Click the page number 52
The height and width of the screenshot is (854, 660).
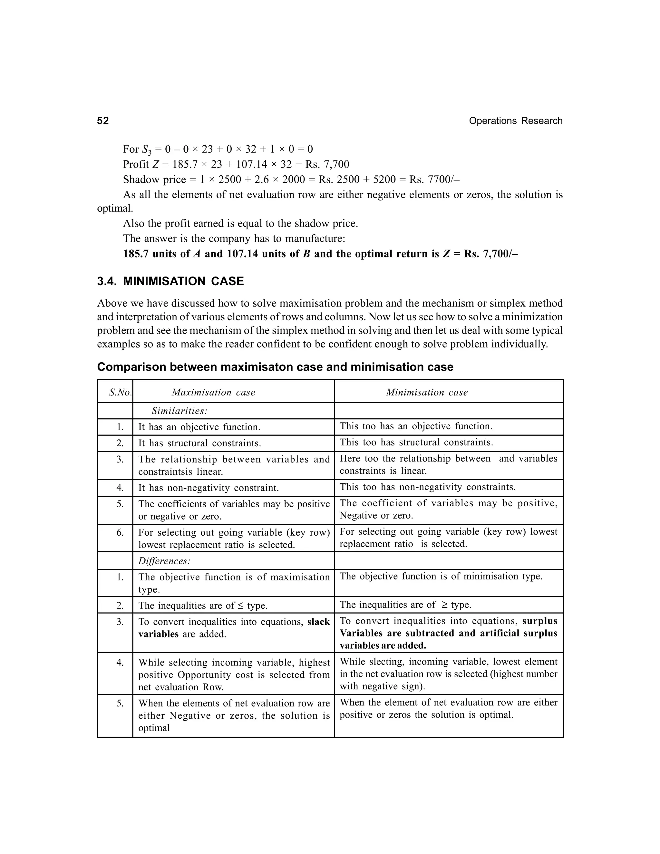click(103, 121)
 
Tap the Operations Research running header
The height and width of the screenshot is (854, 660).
click(515, 121)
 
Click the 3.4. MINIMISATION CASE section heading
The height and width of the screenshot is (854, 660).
click(170, 281)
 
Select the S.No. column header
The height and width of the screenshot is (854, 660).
click(120, 392)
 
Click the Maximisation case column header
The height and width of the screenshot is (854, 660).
click(213, 392)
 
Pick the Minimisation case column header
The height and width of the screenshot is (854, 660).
click(427, 392)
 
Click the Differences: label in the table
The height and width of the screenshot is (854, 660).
click(164, 561)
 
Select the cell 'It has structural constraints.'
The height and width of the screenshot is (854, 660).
click(199, 443)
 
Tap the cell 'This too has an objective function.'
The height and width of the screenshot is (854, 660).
click(416, 426)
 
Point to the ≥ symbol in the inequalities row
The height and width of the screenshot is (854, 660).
click(444, 605)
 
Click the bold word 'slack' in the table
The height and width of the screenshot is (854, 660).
click(318, 622)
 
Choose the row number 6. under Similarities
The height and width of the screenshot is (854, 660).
click(120, 533)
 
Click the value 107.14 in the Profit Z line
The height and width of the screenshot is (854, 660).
click(251, 164)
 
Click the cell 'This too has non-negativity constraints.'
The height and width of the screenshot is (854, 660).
click(427, 487)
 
